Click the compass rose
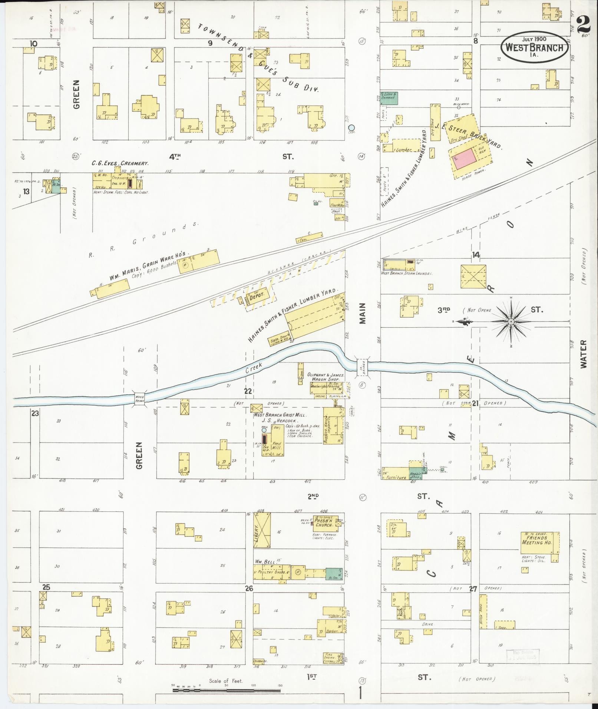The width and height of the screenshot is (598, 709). [x=511, y=321]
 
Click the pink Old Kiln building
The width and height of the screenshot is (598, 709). [x=465, y=158]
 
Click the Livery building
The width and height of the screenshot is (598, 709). [x=262, y=530]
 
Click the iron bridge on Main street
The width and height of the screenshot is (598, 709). [x=362, y=366]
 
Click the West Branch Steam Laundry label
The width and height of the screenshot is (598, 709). [x=407, y=274]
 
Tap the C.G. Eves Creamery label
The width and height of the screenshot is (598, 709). [x=120, y=163]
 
